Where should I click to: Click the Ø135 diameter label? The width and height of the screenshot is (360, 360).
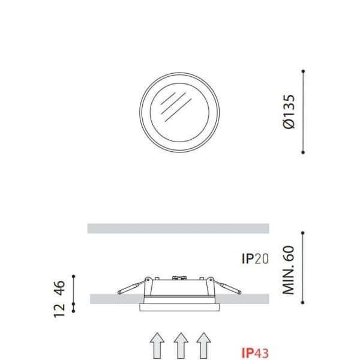289,112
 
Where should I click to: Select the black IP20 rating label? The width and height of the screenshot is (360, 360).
255,259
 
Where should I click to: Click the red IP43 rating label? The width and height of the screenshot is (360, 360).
255,352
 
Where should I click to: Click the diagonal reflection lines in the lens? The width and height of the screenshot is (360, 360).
170,105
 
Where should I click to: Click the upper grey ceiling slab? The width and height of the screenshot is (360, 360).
178,228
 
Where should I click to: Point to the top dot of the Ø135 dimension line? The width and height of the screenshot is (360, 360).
304,72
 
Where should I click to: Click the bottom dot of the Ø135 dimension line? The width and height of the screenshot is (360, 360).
304,151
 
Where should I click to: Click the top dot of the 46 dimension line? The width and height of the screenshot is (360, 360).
73,277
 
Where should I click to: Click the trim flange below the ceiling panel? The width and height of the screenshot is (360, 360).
179,307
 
